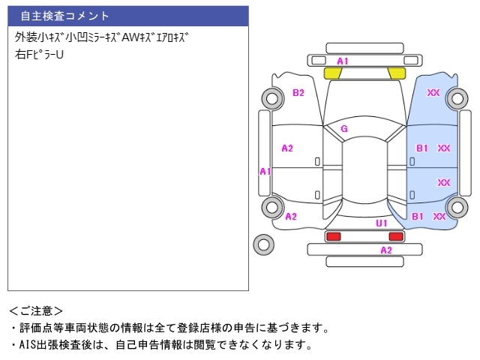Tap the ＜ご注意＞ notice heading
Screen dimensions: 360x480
point(36,310)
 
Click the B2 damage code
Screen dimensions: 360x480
point(298,93)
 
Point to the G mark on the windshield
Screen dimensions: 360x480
point(344,128)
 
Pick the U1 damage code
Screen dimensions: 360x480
point(382,223)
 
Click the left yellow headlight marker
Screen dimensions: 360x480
point(332,73)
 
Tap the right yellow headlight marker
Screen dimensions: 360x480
point(397,73)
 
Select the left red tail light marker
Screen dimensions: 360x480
point(332,236)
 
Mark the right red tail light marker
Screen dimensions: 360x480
point(396,236)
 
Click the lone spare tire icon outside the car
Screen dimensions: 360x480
point(263,244)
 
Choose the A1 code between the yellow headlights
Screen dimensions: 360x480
point(342,61)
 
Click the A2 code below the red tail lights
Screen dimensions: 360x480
point(386,250)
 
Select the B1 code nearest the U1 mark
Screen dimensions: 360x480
point(418,216)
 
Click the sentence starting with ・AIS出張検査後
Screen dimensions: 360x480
point(160,345)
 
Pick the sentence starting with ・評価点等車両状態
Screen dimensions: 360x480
point(169,328)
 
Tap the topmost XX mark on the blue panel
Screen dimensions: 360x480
point(433,93)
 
